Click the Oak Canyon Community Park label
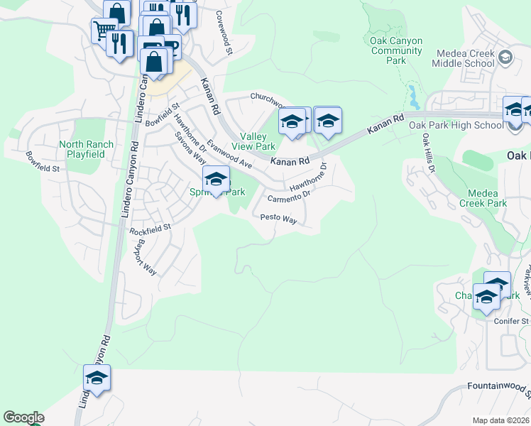tap(397, 50)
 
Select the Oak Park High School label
tap(456, 126)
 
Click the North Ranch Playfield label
tap(86, 148)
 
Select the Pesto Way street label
tap(278, 219)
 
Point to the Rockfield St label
tap(150, 229)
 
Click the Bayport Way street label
tap(146, 256)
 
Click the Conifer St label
tap(511, 321)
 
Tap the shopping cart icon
tap(104, 30)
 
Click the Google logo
tap(23, 417)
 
